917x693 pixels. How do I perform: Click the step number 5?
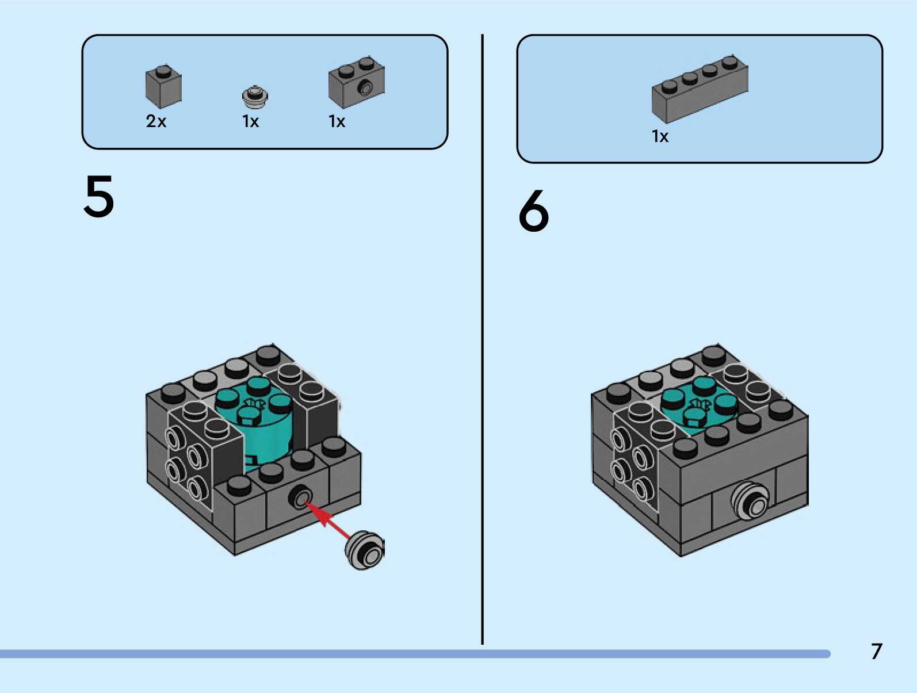pos(99,197)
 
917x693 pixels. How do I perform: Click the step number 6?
pos(533,211)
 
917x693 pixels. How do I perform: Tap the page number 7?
pos(876,652)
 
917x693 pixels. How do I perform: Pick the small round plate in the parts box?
pos(255,97)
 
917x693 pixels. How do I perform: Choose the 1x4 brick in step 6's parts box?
pos(700,89)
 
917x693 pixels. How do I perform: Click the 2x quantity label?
pos(156,121)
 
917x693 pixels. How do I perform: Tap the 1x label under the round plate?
pos(251,121)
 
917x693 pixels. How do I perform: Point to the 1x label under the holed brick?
pos(337,121)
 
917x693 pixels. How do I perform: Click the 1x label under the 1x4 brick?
pos(660,136)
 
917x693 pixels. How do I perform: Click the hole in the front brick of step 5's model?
pos(301,497)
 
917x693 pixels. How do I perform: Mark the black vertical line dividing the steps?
pos(482,339)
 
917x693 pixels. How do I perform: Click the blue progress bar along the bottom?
pos(414,654)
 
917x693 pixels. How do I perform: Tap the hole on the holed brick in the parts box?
pos(365,88)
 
